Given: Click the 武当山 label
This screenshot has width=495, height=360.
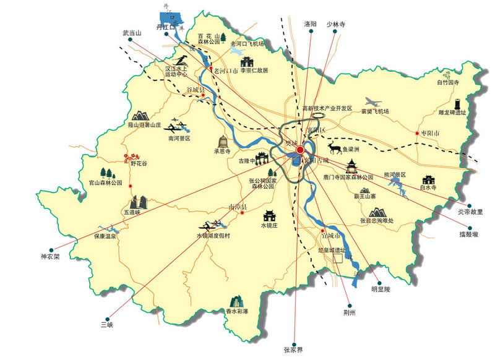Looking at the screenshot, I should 132,33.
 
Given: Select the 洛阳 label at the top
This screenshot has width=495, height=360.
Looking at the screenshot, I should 310,24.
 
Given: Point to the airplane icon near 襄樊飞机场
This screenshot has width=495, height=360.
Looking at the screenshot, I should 371,102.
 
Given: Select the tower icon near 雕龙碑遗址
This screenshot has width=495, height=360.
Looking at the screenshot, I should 458,102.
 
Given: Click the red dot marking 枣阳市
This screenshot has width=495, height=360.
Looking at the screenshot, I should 417,133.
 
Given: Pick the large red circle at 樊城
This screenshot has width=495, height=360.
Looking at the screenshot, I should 300,150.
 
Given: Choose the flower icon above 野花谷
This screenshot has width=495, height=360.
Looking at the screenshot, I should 131,156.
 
